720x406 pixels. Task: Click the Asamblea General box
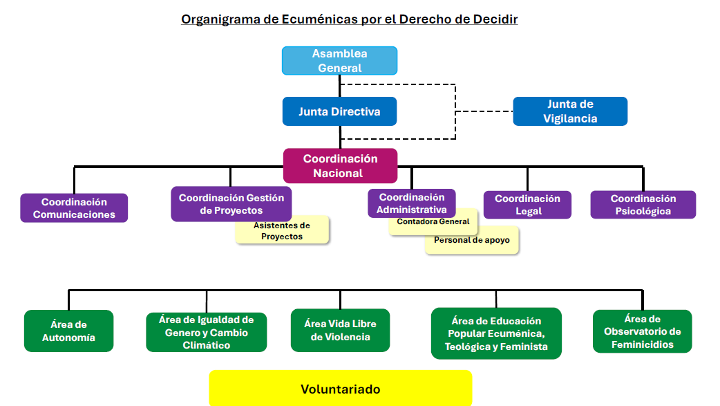339,61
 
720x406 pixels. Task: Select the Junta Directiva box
339,111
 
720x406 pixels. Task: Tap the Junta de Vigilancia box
570,111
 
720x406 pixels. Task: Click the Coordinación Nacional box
340,166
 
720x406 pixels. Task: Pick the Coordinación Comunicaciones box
74,208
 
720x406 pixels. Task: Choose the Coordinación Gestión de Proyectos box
231,203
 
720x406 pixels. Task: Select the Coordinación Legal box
527,205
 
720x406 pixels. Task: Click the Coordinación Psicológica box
643,205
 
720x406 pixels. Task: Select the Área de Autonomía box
68,331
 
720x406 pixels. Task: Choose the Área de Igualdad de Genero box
207,332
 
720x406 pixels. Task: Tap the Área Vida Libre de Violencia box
340,330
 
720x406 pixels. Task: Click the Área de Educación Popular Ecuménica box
496,333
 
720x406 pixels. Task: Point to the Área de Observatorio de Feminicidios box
642,331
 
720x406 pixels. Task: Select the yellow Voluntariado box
340,389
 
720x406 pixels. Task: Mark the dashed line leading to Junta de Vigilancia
484,111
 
